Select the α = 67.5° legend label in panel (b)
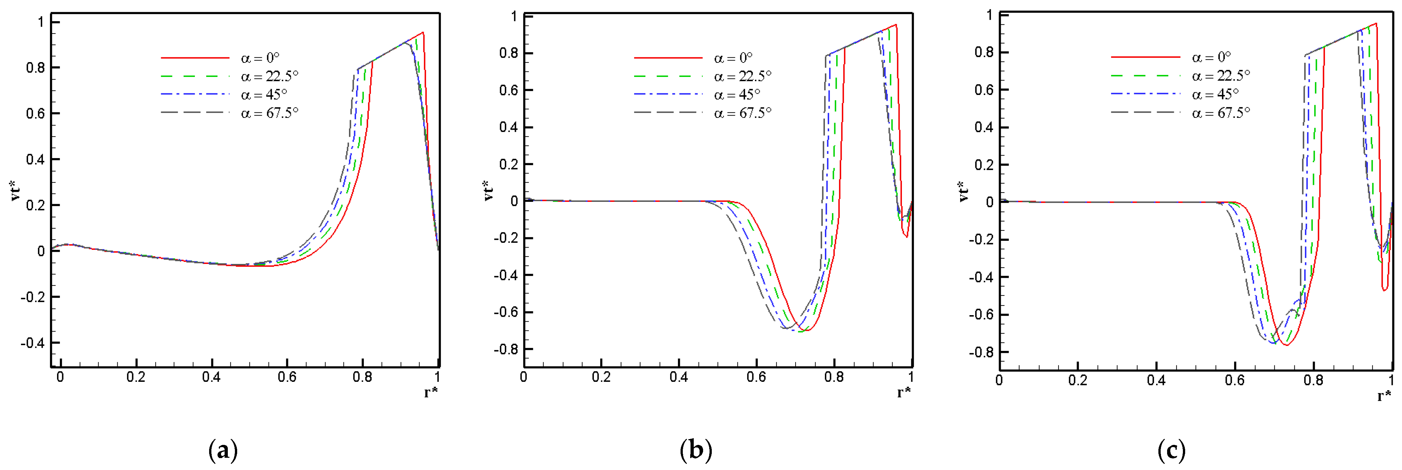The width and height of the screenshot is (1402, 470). point(743,113)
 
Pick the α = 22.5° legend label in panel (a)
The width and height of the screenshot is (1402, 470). point(269,76)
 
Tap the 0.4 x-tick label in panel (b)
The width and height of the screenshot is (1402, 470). point(679,377)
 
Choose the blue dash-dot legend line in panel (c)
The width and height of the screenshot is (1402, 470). point(1145,95)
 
